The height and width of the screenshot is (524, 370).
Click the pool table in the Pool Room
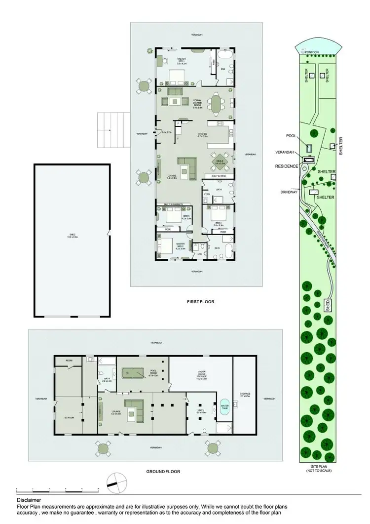(x=134, y=372)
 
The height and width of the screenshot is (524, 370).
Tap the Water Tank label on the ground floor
(x=225, y=407)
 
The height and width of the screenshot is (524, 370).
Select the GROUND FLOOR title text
(x=163, y=471)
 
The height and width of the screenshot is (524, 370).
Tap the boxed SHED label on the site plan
(x=327, y=303)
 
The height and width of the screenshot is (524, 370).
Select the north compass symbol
(x=114, y=481)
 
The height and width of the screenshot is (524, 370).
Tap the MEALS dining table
(x=220, y=160)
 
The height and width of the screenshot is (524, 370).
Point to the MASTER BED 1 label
(x=182, y=61)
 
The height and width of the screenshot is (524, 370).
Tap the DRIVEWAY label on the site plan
(x=288, y=192)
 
